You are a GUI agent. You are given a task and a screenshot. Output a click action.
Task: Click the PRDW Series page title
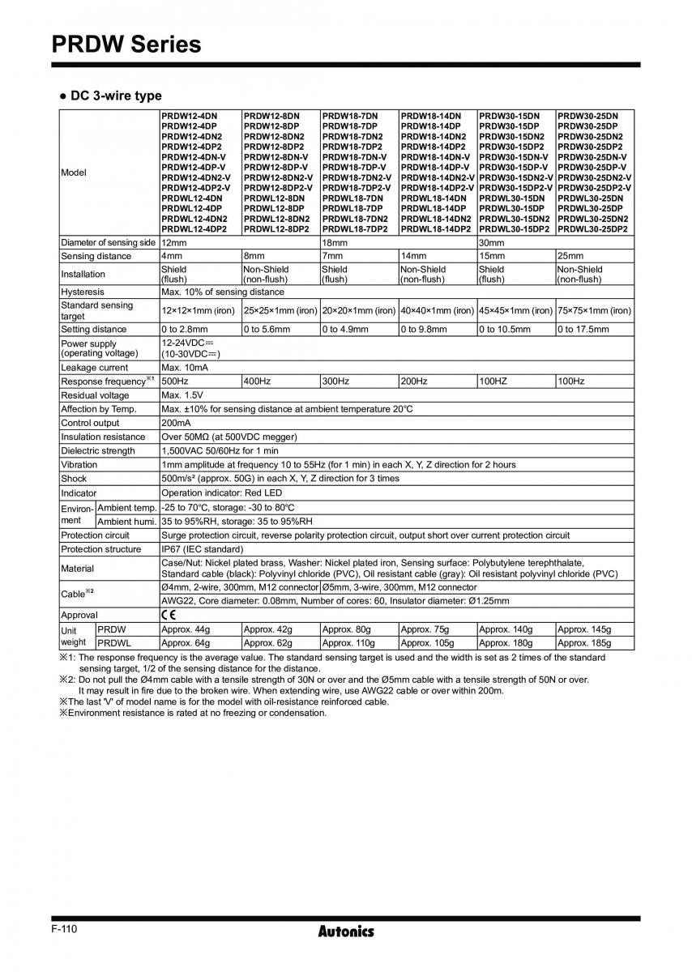click(x=126, y=44)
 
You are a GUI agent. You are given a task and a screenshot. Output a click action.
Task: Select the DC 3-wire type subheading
click(x=110, y=96)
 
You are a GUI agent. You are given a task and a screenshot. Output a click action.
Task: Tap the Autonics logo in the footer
click(x=346, y=931)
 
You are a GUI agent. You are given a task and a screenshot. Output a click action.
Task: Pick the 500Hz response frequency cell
click(x=173, y=381)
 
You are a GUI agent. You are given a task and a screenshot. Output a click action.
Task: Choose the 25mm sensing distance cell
click(x=570, y=256)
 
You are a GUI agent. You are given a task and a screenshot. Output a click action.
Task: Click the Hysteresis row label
click(x=83, y=292)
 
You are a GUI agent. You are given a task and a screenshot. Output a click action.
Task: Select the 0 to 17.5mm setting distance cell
click(x=583, y=330)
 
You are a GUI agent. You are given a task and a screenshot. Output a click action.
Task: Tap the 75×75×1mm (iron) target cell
click(x=594, y=310)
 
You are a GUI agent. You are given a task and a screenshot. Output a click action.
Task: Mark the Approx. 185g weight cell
click(x=584, y=643)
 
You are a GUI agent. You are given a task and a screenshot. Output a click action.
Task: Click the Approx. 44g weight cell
click(x=186, y=629)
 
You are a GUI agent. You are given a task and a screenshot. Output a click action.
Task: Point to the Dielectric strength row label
click(x=98, y=451)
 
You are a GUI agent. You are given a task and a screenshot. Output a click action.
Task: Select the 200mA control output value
click(x=176, y=423)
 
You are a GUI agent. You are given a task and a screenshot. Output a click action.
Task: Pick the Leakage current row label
click(x=95, y=368)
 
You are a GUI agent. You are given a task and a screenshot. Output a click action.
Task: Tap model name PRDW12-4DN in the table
click(x=189, y=117)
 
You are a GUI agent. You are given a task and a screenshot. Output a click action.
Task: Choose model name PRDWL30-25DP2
click(x=592, y=229)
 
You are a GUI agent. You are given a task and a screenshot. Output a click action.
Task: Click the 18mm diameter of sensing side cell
click(x=334, y=243)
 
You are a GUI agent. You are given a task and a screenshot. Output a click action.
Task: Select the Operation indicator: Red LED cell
click(x=221, y=493)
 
